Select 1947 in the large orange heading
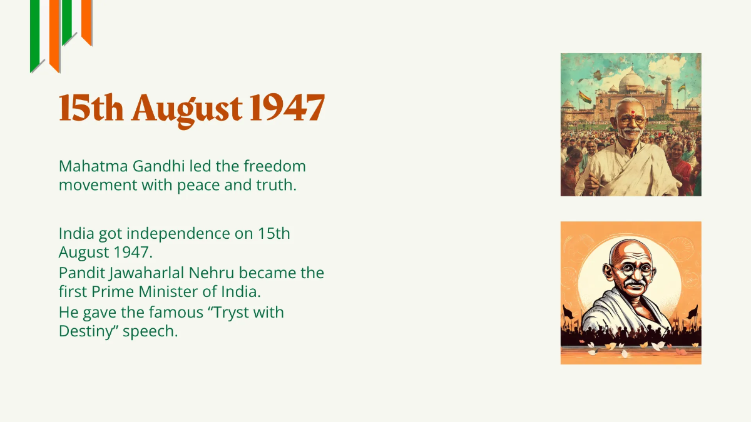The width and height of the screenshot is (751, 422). (x=287, y=108)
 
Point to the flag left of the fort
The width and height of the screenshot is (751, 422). (x=585, y=97)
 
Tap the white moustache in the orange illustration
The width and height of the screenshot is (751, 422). (x=634, y=284)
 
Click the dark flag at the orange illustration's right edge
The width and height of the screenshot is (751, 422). (x=692, y=311)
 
